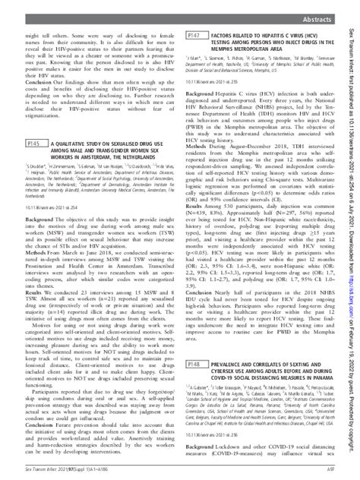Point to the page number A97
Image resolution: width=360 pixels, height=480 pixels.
[x=331, y=471]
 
